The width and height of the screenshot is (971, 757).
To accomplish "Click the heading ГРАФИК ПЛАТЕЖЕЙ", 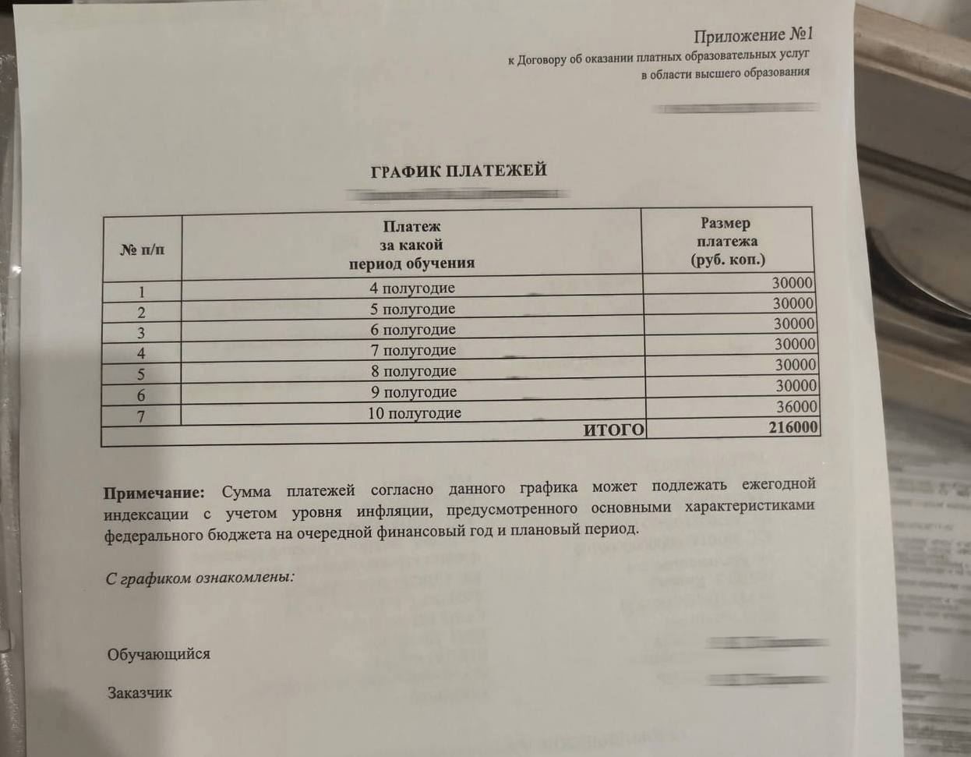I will pos(458,171).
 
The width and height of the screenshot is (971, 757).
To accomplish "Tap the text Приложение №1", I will pos(753,36).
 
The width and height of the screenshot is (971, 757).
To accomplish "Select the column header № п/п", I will pos(142,249).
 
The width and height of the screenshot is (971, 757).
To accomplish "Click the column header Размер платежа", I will pos(727,242).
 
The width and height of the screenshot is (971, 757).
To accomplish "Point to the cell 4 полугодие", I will pos(412,288).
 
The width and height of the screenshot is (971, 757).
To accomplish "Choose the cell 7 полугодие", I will pos(413,350).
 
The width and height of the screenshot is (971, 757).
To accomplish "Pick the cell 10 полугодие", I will pos(414,413).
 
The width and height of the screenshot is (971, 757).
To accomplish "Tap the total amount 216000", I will pos(793,427).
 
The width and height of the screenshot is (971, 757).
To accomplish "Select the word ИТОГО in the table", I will pos(614,430).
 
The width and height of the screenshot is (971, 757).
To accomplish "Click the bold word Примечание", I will pos(154,493).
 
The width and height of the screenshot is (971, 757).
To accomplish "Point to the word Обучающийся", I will pos(159,654).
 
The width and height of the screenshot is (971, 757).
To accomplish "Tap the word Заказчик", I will pos(139,692).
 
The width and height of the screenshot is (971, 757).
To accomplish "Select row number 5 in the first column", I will pos(141,374).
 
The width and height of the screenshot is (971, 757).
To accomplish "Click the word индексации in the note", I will pos(147,515).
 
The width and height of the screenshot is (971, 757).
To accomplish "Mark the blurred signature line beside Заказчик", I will pos(764,680).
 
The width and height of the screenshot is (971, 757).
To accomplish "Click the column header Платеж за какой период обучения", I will pos(411,245).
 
